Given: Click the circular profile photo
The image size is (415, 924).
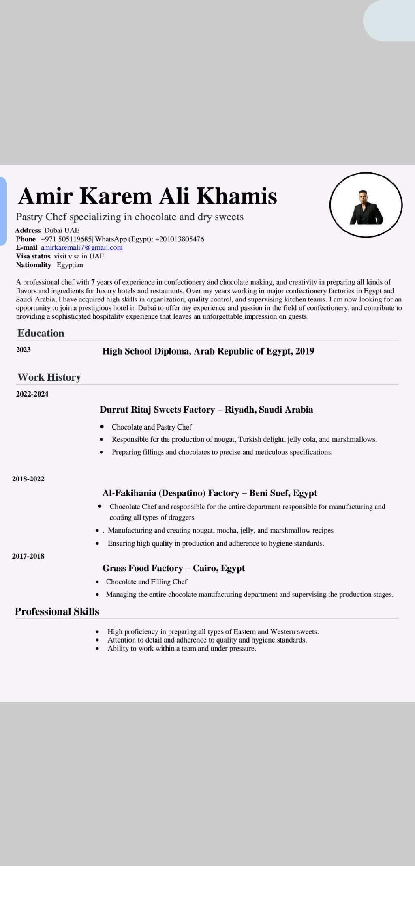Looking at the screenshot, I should click(366, 205).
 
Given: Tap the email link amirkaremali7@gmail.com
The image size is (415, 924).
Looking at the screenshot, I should click(81, 247).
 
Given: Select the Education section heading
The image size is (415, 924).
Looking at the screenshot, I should click(41, 333).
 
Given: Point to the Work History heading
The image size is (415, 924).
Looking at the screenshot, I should click(49, 377).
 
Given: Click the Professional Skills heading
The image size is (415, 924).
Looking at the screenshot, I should click(57, 611).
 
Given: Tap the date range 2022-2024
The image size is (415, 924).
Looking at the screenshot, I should click(32, 394).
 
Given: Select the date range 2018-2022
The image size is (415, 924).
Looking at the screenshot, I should click(28, 479).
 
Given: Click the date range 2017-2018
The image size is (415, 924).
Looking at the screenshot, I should click(28, 556).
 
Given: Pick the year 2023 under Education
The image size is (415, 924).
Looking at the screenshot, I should click(23, 350).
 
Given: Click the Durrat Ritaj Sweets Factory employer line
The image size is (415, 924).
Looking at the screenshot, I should click(206, 409).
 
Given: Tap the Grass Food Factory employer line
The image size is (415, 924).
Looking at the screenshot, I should click(173, 568).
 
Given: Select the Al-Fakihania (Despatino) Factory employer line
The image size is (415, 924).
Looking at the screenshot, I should click(210, 493).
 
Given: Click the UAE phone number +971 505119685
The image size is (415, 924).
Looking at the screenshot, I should click(66, 239).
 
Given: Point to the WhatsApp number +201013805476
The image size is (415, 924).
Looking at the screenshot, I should click(180, 239).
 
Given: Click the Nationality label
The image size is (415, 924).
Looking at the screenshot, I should click(34, 265).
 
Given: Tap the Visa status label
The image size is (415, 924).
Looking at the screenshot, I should click(33, 256).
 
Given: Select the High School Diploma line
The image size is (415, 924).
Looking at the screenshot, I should click(208, 351).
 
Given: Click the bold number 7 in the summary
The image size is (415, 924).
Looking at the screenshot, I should click(93, 282).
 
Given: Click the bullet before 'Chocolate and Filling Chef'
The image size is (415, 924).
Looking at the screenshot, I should click(97, 582).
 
